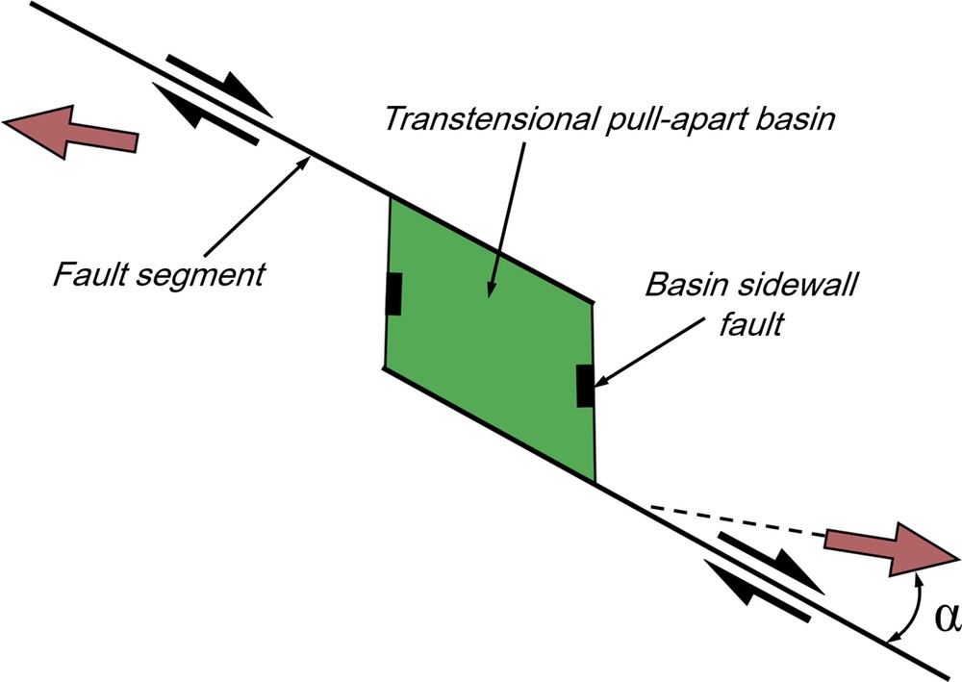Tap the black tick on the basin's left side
pyautogui.click(x=392, y=293)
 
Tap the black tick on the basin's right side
pyautogui.click(x=584, y=386)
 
